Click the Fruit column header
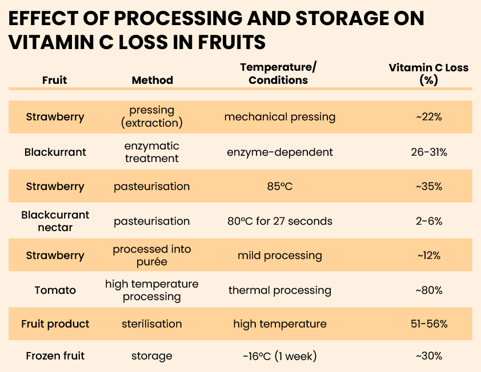pyautogui.click(x=54, y=80)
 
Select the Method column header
pyautogui.click(x=152, y=80)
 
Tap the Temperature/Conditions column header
pyautogui.click(x=278, y=74)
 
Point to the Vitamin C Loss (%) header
pyautogui.click(x=428, y=74)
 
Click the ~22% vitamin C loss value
pyautogui.click(x=428, y=117)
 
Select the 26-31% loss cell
pyautogui.click(x=428, y=152)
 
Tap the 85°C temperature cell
pyautogui.click(x=279, y=187)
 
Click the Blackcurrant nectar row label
pyautogui.click(x=55, y=221)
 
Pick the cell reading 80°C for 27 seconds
pyautogui.click(x=279, y=221)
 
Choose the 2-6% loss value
pyautogui.click(x=428, y=221)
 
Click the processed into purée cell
pyautogui.click(x=152, y=255)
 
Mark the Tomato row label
pyautogui.click(x=55, y=290)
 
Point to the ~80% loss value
pyautogui.click(x=428, y=290)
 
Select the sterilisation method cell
pyautogui.click(x=152, y=324)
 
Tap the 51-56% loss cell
pyautogui.click(x=428, y=324)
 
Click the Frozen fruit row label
pyautogui.click(x=55, y=356)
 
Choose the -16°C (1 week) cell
pyautogui.click(x=279, y=356)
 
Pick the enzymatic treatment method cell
pyautogui.click(x=152, y=152)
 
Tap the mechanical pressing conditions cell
pyautogui.click(x=279, y=117)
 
